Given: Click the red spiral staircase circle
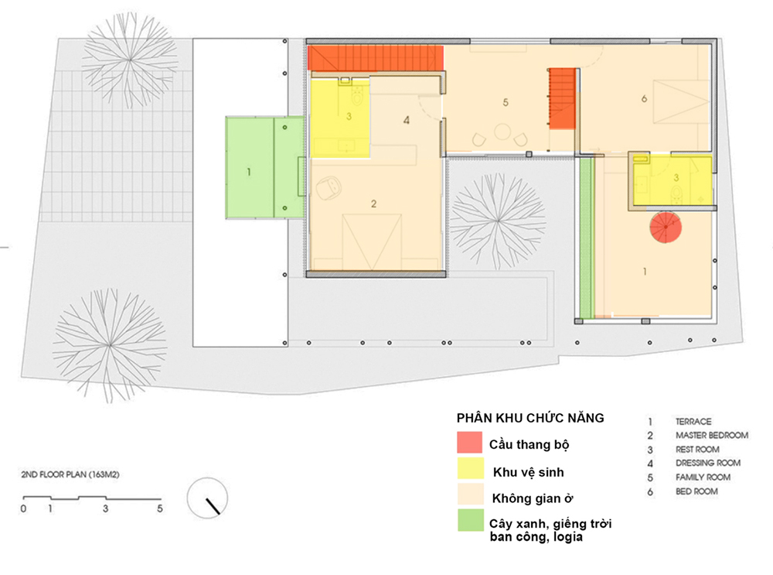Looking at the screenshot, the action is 666,227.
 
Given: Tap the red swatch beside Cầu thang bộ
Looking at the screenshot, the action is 469,442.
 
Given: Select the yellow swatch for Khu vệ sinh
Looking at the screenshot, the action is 470,468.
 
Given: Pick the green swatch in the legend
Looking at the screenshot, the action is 470,520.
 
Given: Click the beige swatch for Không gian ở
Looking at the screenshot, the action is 470,494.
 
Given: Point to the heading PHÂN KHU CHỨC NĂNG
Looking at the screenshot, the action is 530,418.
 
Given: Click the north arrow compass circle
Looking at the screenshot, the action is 207,498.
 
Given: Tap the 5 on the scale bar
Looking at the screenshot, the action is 160,508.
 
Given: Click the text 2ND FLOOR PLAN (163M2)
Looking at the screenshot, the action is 70,474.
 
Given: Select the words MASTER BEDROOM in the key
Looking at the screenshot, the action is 712,436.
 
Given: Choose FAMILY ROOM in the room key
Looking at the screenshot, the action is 703,477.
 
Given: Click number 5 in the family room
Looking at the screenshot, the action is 506,102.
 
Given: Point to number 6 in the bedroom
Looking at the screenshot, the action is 644,99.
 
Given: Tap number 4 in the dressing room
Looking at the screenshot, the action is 407,120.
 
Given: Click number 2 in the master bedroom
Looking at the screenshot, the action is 373,204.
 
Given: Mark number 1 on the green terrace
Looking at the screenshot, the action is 248,172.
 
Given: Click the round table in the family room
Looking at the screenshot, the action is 502,132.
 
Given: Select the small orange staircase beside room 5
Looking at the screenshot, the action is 563,98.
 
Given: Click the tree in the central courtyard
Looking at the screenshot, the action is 497,221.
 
